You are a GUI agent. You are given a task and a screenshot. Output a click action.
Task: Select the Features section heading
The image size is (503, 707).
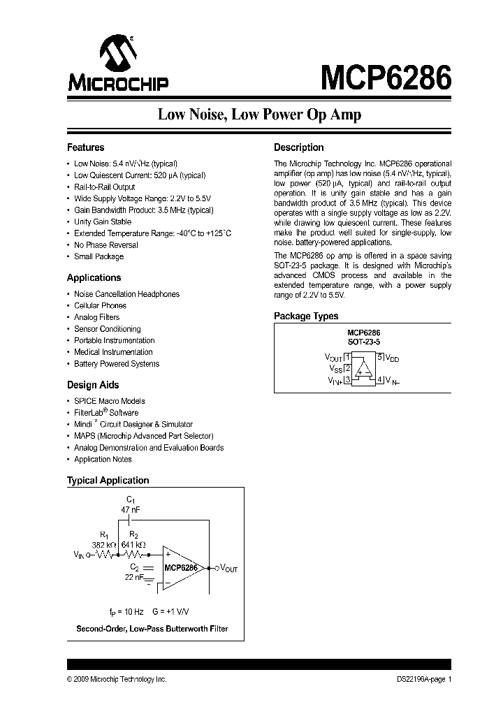tap(85, 147)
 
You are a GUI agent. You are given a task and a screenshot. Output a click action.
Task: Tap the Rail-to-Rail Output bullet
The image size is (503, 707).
tap(105, 187)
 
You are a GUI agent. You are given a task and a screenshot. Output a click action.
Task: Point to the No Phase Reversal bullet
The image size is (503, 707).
tap(106, 245)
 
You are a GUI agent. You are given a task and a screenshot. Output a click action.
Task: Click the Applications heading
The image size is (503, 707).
tap(94, 277)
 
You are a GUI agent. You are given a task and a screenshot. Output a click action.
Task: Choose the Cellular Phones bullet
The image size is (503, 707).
tap(101, 305)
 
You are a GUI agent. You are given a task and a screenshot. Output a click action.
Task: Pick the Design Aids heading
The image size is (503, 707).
tap(93, 385)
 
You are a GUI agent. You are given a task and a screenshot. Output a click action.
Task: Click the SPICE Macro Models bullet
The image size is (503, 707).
tap(110, 401)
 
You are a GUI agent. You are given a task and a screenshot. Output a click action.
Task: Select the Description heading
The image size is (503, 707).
tap(299, 147)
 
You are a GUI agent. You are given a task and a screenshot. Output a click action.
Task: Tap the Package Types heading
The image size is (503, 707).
tap(306, 316)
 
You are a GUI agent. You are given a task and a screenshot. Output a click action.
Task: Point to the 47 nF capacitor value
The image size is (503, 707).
tap(131, 511)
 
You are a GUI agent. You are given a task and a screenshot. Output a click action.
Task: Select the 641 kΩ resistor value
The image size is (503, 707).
tap(133, 544)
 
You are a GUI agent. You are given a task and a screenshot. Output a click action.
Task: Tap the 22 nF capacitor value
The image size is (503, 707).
tap(134, 577)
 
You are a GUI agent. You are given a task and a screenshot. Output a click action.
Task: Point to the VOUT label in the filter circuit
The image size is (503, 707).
tap(229, 568)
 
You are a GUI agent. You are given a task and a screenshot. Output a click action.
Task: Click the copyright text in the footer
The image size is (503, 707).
tap(117, 679)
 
